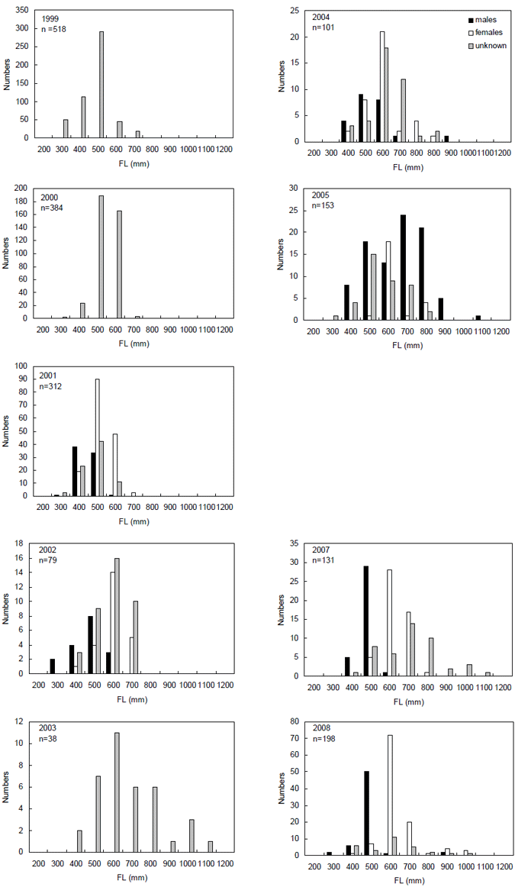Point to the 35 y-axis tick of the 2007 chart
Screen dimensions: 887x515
(x=298, y=543)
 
